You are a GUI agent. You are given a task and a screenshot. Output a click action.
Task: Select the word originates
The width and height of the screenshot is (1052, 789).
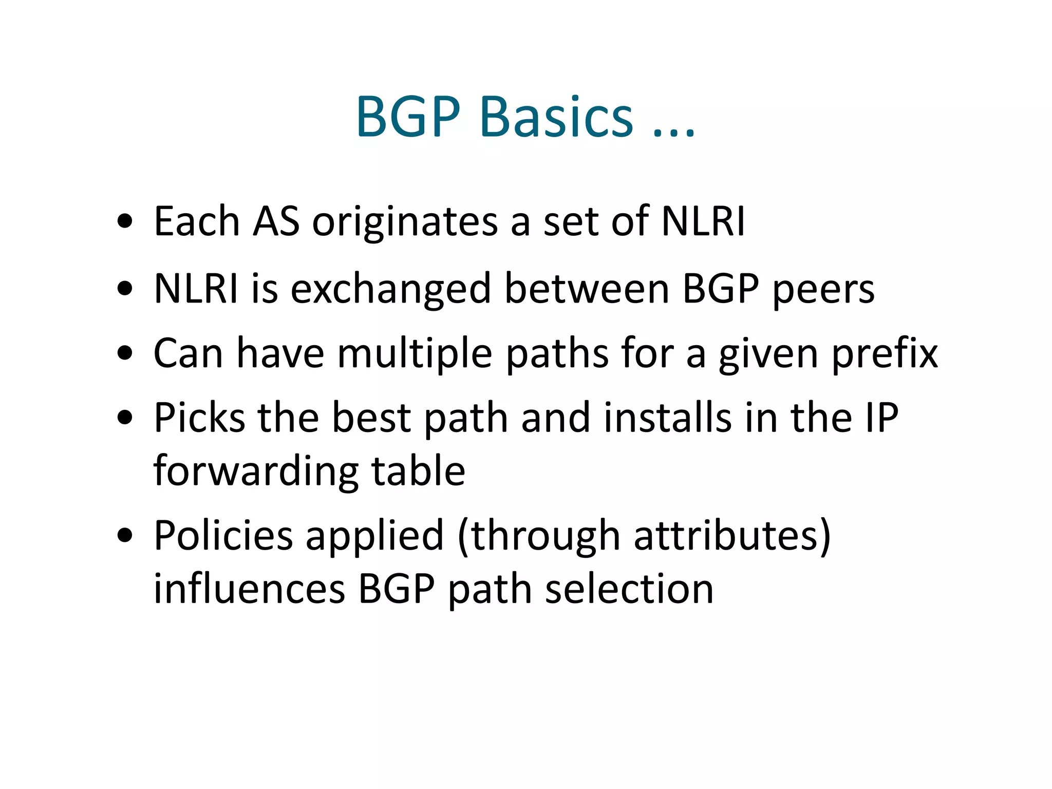tap(405, 222)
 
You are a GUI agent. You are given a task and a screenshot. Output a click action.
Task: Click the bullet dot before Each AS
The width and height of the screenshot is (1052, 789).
tap(125, 222)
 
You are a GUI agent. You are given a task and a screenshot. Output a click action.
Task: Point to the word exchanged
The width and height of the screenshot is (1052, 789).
tap(391, 289)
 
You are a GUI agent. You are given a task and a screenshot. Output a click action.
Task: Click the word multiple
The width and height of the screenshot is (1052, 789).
tap(415, 354)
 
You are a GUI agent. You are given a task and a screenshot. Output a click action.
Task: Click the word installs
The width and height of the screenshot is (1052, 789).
tap(667, 418)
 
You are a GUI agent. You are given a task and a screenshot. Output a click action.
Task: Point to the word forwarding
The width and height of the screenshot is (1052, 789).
tap(256, 472)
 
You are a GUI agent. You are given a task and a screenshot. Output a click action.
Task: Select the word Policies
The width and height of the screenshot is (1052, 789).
tap(223, 536)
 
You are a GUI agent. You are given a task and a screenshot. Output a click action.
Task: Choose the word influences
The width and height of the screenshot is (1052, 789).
tap(249, 589)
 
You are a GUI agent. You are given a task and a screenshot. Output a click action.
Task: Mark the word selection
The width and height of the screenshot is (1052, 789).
tap(629, 589)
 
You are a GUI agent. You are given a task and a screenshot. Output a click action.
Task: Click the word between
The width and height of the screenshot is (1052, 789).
tap(587, 289)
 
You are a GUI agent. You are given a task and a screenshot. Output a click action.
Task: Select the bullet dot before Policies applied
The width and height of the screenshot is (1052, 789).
tap(125, 536)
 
